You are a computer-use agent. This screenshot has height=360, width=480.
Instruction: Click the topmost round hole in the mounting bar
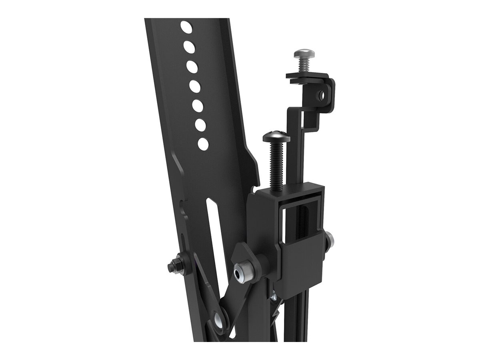coord(186,27)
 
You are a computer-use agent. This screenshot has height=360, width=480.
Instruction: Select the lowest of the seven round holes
coord(203,144)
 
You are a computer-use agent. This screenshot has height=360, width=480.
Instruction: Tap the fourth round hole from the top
coord(195,86)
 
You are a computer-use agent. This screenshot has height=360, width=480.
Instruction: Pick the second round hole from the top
coord(189,46)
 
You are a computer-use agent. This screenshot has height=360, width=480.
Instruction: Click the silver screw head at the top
coord(304,53)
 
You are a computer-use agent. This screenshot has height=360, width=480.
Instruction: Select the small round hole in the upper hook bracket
coord(321,95)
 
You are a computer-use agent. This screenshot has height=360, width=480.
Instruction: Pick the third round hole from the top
coord(192,66)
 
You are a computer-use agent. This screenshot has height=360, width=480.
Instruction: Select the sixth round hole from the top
coord(200,125)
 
